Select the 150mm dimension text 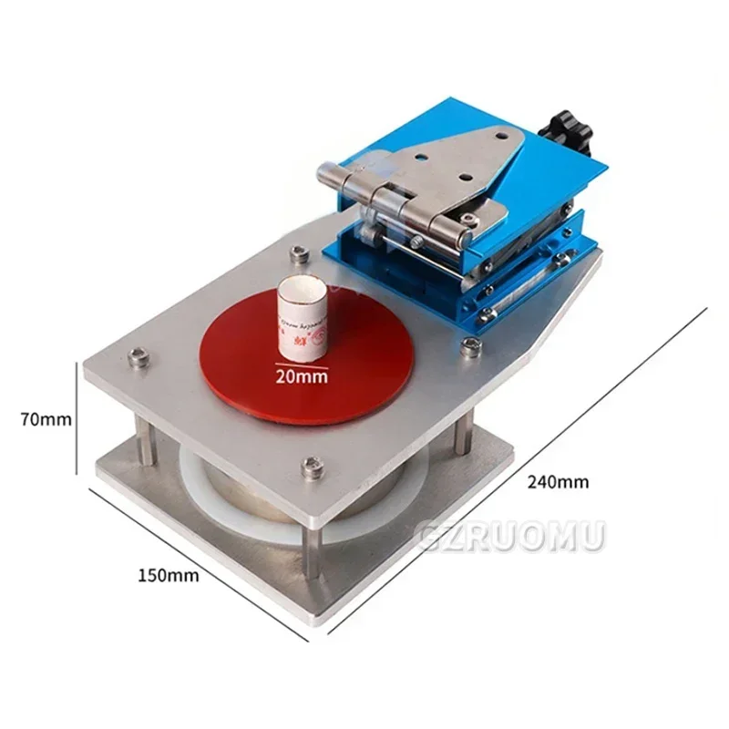tap(169, 575)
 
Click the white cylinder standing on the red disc tap(301, 319)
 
